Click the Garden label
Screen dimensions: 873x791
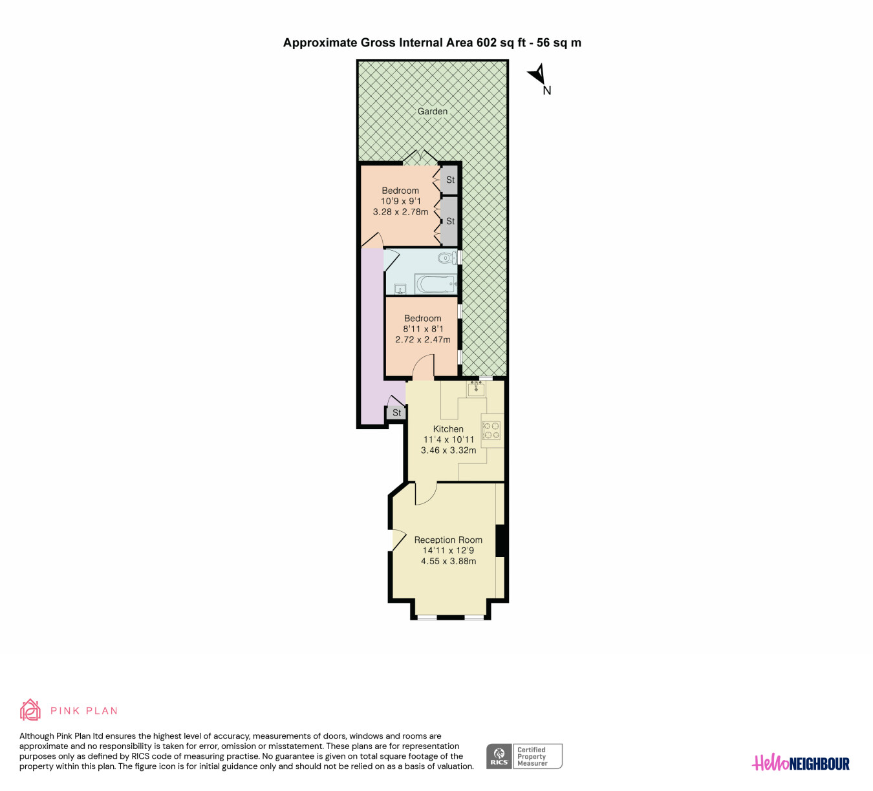coord(432,111)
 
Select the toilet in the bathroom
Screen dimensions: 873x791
coord(447,258)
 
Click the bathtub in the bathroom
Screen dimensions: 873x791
coord(436,284)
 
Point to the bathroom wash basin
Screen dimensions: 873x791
coord(400,290)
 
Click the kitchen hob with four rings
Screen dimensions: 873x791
coord(491,430)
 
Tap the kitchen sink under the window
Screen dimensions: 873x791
coord(476,388)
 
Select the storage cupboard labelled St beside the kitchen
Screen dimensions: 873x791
coord(396,412)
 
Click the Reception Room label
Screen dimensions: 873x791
coord(448,540)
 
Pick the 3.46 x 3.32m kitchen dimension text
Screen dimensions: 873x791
coord(448,450)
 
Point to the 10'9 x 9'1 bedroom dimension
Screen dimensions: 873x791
coord(401,201)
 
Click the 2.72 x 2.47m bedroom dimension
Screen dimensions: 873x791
coord(422,339)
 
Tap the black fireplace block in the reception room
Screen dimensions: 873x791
coord(501,540)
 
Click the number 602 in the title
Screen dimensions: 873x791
coord(486,43)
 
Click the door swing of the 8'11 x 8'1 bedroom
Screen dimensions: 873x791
coord(424,366)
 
